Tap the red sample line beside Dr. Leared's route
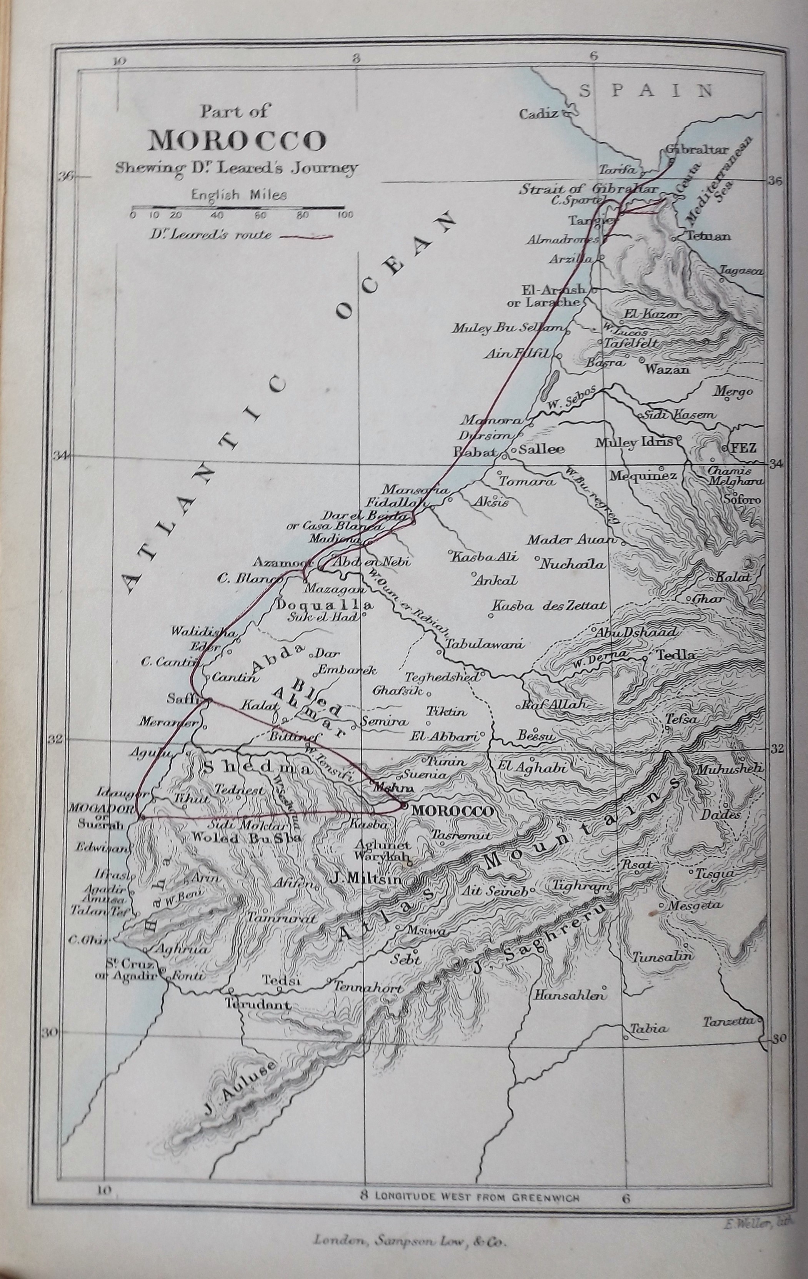(x=306, y=238)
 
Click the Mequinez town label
(x=642, y=476)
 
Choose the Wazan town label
(x=667, y=369)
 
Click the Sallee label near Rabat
(x=538, y=449)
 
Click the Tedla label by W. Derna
(x=676, y=655)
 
